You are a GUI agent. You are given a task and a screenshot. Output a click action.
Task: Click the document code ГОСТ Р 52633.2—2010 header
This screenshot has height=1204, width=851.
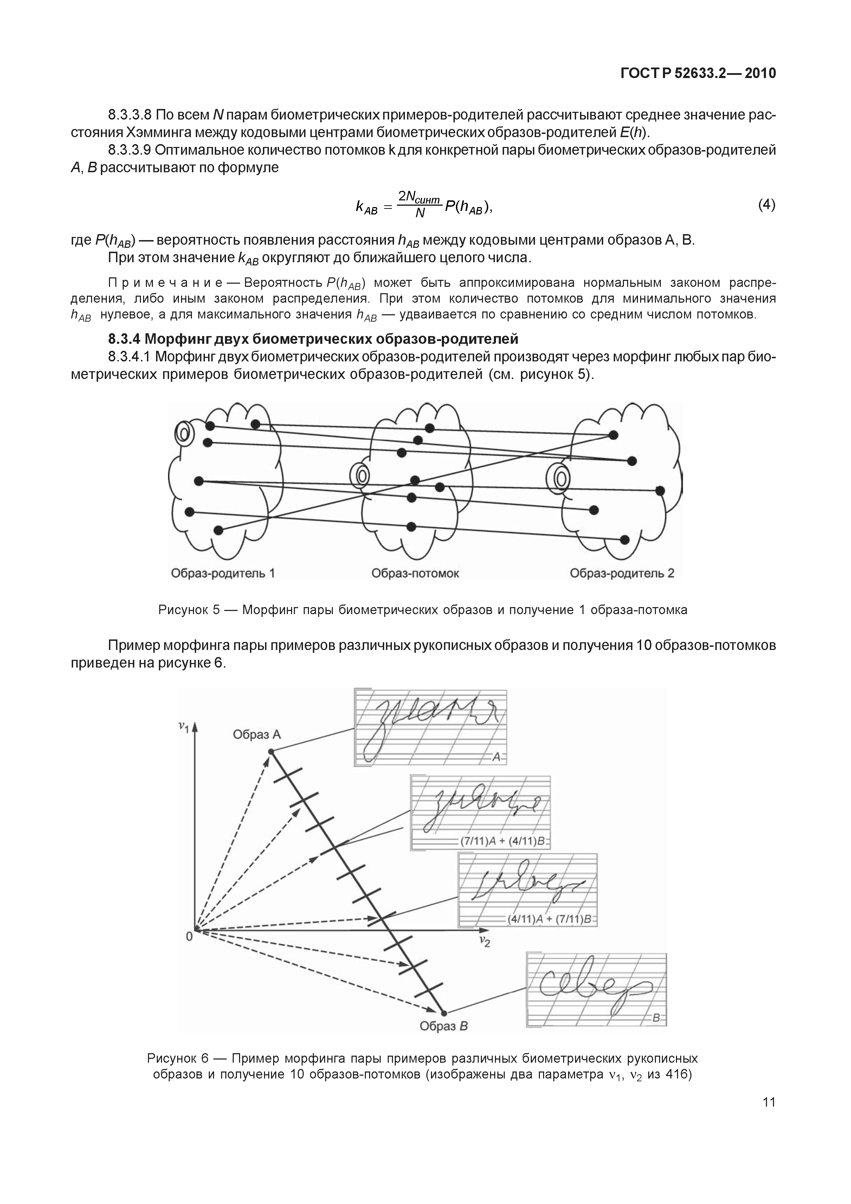[697, 73]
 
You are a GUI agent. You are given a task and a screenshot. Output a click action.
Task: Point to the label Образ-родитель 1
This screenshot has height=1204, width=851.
[223, 573]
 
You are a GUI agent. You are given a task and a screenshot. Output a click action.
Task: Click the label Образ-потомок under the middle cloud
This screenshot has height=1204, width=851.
[415, 573]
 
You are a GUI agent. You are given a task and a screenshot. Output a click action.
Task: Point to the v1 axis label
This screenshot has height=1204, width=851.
[183, 726]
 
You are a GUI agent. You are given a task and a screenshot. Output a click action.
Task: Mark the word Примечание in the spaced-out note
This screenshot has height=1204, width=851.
[165, 283]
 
